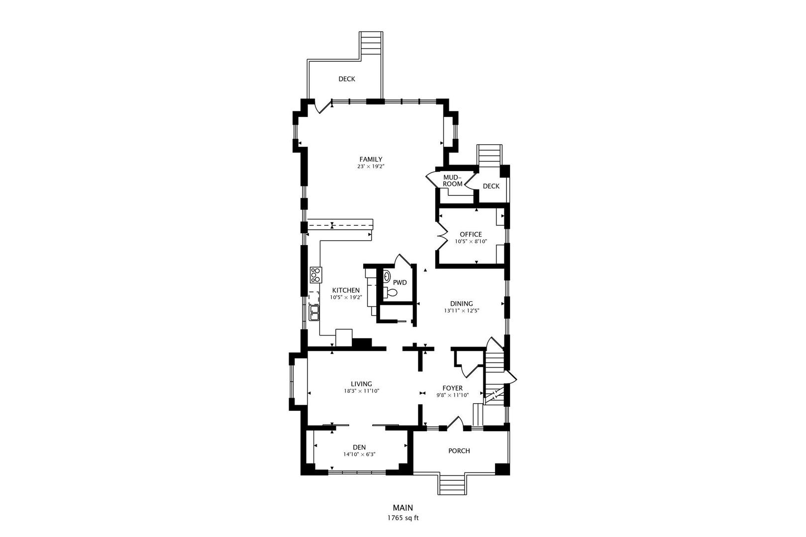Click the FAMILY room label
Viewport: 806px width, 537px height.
pyautogui.click(x=371, y=159)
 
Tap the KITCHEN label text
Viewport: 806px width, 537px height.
pyautogui.click(x=346, y=290)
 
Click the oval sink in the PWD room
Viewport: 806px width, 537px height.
pyautogui.click(x=387, y=276)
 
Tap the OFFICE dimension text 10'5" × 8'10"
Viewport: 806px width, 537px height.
pyautogui.click(x=471, y=241)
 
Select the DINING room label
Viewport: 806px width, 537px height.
pyautogui.click(x=461, y=304)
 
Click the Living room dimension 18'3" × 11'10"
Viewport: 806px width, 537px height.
pyautogui.click(x=362, y=391)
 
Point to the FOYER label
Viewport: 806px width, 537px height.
pyautogui.click(x=452, y=388)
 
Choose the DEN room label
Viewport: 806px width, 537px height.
pyautogui.click(x=359, y=447)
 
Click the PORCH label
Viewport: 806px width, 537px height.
pyautogui.click(x=459, y=450)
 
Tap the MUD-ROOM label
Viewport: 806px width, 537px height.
pyautogui.click(x=452, y=180)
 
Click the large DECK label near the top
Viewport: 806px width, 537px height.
pyautogui.click(x=347, y=79)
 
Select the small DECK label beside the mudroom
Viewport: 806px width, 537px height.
pyautogui.click(x=491, y=186)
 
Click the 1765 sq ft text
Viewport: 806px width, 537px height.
pyautogui.click(x=403, y=518)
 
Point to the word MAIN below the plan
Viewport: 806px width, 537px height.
pyautogui.click(x=403, y=508)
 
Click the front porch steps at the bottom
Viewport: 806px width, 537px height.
pyautogui.click(x=452, y=484)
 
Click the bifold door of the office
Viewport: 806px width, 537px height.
pyautogui.click(x=441, y=236)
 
